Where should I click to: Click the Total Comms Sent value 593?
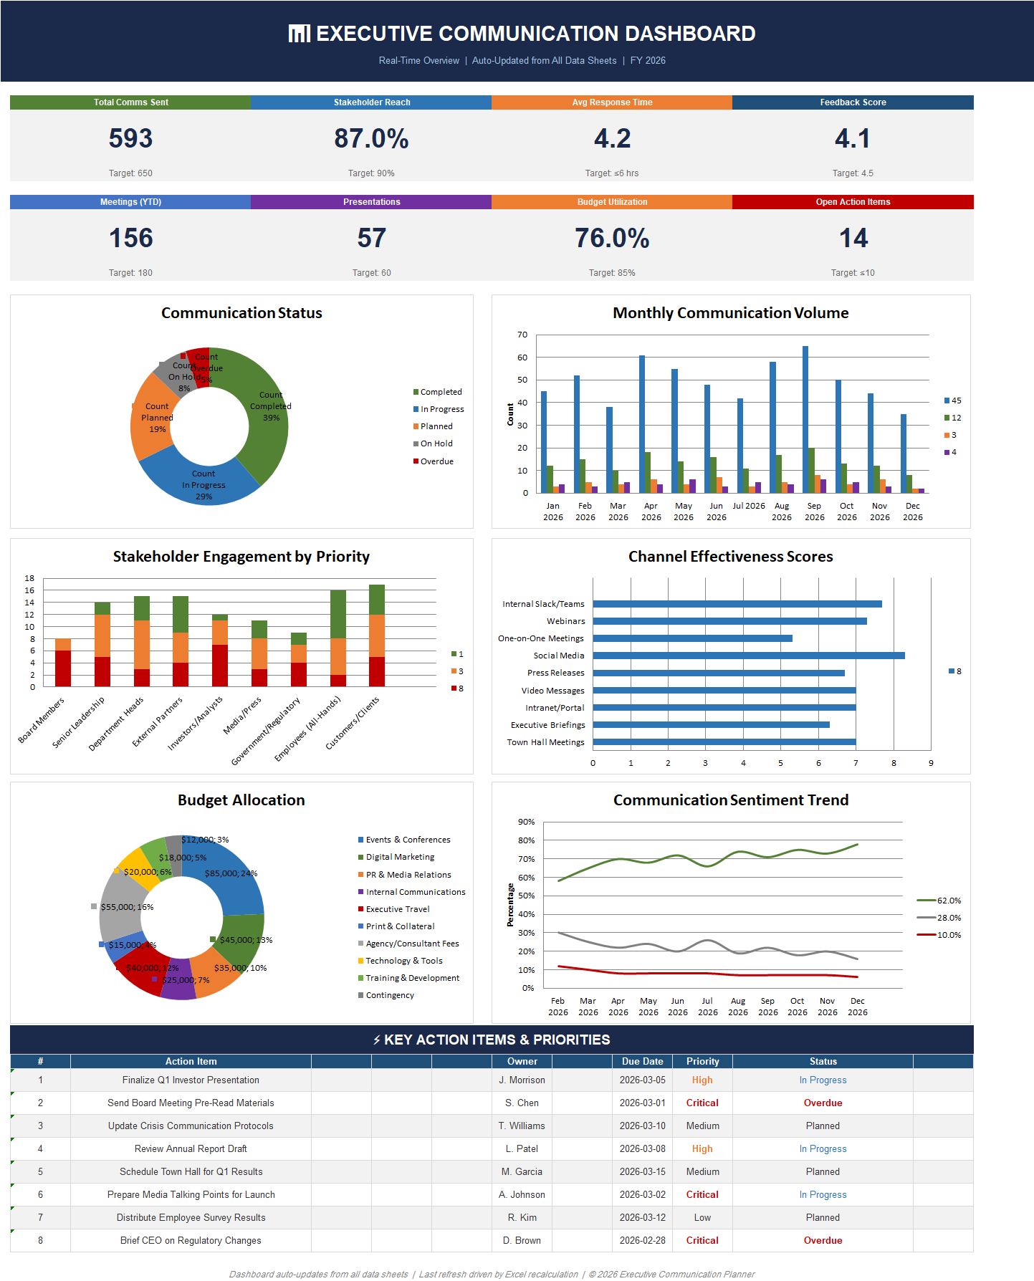[130, 138]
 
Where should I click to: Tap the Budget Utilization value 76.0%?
[612, 238]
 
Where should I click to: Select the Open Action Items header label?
[853, 202]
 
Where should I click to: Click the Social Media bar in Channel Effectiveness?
[748, 656]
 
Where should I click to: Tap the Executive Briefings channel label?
[547, 725]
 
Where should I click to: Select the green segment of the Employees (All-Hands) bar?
[338, 613]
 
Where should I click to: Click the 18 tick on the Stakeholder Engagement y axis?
[29, 578]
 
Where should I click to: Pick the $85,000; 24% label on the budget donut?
[231, 873]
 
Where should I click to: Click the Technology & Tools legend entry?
[403, 961]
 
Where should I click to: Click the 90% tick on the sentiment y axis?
[526, 822]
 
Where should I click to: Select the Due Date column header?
[642, 1061]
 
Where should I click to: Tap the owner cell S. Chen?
[522, 1103]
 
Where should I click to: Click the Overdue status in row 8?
[823, 1240]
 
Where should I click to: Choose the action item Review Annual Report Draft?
[191, 1148]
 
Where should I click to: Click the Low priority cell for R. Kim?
[702, 1217]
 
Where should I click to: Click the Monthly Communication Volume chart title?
[730, 313]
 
